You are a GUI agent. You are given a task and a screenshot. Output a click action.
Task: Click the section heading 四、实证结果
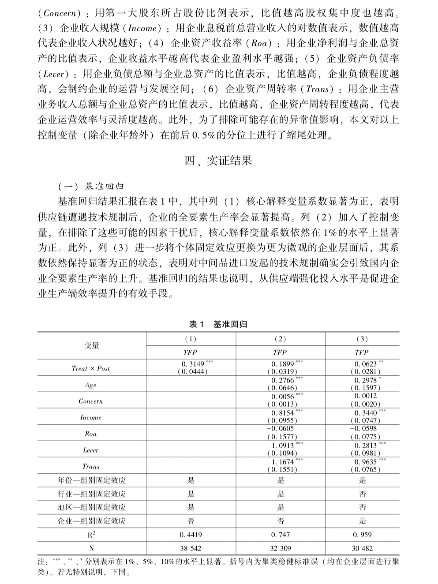tap(218, 161)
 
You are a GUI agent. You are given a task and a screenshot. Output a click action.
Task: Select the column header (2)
tap(280, 339)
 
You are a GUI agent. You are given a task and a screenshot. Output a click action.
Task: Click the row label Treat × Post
tap(91, 368)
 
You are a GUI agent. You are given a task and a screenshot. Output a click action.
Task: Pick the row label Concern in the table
tap(91, 401)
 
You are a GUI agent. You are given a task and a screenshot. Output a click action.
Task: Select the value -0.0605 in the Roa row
tap(280, 428)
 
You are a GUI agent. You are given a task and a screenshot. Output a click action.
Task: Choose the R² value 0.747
tap(280, 535)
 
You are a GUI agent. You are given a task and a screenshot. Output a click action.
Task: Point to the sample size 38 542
tap(191, 548)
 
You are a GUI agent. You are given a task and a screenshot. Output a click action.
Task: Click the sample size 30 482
tap(362, 548)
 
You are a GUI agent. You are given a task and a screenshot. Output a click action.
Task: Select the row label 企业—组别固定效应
tap(92, 521)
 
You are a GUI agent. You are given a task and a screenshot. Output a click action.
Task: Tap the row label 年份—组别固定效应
tap(92, 480)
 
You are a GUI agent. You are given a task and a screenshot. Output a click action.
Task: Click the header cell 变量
tap(92, 345)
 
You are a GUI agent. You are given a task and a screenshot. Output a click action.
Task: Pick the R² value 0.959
tap(362, 535)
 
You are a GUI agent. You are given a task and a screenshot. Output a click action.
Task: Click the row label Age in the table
tap(91, 385)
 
